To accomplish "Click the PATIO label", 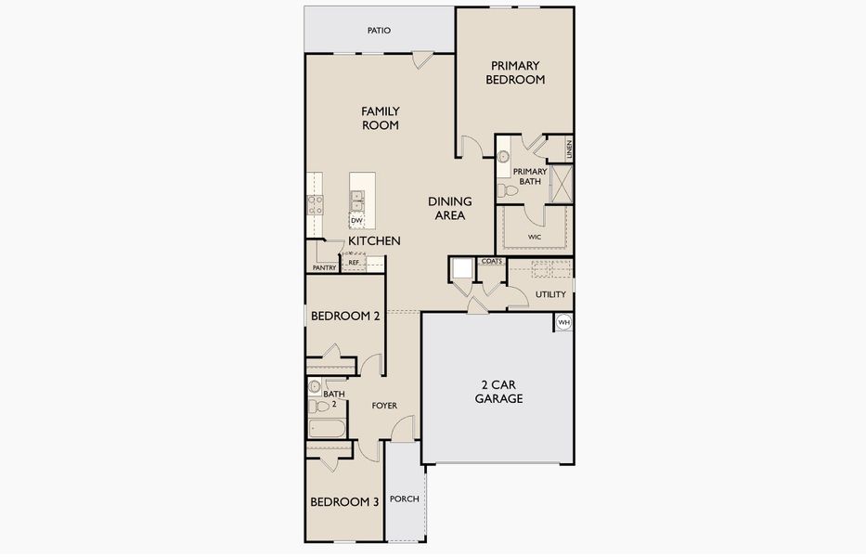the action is [x=379, y=31].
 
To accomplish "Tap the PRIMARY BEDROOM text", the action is [x=515, y=72].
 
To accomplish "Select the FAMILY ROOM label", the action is [x=381, y=118].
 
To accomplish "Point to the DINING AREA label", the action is [x=450, y=208].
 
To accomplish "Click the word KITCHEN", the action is [x=374, y=241].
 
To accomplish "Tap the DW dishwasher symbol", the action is [x=356, y=221].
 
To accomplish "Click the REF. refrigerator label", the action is [x=354, y=263].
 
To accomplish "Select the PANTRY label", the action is [x=324, y=268].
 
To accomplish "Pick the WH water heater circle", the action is [x=563, y=322].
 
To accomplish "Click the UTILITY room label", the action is [x=550, y=294].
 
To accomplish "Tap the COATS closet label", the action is [x=492, y=262].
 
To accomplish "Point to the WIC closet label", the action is [x=534, y=237].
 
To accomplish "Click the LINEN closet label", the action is [x=569, y=149].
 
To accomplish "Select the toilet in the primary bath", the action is [x=507, y=191].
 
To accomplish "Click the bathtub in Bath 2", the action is [x=327, y=429].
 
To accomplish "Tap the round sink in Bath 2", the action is [x=315, y=386].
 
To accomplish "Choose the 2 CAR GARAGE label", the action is [x=498, y=392].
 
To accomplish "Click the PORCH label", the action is [x=405, y=499].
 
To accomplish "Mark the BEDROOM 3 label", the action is [x=344, y=502].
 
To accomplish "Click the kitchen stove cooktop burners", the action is [x=316, y=204].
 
